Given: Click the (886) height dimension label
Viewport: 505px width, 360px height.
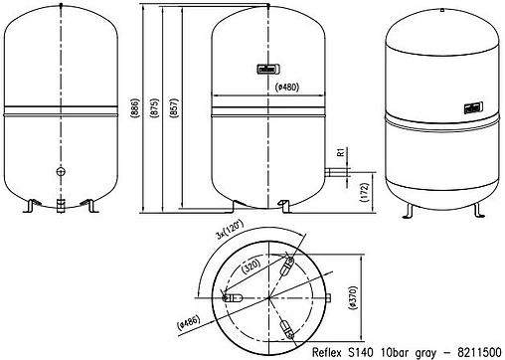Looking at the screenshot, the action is pos(135,107).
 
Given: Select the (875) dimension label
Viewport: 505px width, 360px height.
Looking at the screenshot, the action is pos(154,107).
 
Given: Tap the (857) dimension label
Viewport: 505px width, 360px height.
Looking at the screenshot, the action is pos(174,107).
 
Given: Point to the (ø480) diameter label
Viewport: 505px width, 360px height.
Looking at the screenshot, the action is pos(287,88).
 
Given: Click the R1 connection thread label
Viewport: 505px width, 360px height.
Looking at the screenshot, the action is pos(341,152).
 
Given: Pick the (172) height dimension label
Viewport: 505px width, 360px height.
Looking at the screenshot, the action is pos(364,192).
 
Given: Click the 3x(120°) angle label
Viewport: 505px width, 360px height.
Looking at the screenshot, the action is pos(230,229).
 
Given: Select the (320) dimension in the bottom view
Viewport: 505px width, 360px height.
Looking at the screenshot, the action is pos(251,266).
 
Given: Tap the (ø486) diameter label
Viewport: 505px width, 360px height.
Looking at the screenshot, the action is pos(189,322).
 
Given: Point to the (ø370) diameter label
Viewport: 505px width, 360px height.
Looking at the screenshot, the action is pos(353,298).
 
